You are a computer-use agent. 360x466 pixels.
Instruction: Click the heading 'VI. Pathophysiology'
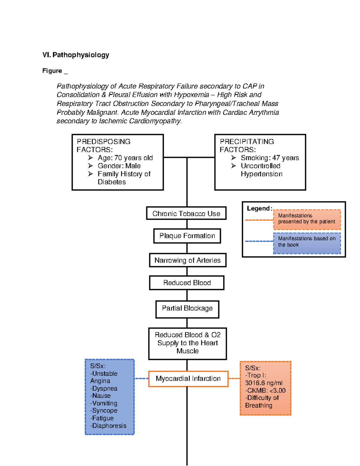[x=76, y=55]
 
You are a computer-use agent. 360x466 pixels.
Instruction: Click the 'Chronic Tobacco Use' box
[x=186, y=213]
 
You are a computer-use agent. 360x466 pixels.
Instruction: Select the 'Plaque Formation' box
[x=187, y=236]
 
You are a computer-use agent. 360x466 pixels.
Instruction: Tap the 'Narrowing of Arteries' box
[x=187, y=260]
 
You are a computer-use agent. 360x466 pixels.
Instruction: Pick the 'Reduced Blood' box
[x=187, y=283]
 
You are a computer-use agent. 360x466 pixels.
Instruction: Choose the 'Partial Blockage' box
[x=187, y=309]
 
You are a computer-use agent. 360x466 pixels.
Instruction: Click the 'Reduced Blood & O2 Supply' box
[x=187, y=343]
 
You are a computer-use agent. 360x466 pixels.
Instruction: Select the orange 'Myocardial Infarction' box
[x=188, y=379]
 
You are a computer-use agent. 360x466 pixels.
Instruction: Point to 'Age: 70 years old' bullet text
[x=125, y=158]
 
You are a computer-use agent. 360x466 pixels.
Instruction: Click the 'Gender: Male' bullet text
[x=119, y=166]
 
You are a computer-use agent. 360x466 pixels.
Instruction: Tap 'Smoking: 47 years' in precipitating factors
[x=270, y=158]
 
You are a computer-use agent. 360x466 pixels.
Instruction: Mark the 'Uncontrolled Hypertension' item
[x=261, y=170]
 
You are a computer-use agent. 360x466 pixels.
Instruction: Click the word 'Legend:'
[x=259, y=208]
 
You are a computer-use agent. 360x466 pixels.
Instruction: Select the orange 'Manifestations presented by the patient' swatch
[x=307, y=219]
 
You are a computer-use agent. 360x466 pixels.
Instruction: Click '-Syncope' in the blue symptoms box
[x=104, y=410]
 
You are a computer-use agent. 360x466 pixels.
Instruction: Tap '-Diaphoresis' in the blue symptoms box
[x=108, y=425]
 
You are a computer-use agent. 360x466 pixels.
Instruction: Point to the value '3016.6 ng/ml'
[x=264, y=383]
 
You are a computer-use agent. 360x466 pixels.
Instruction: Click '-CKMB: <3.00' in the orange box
[x=265, y=390]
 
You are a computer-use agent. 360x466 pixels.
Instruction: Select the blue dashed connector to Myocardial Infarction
[x=141, y=379]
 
